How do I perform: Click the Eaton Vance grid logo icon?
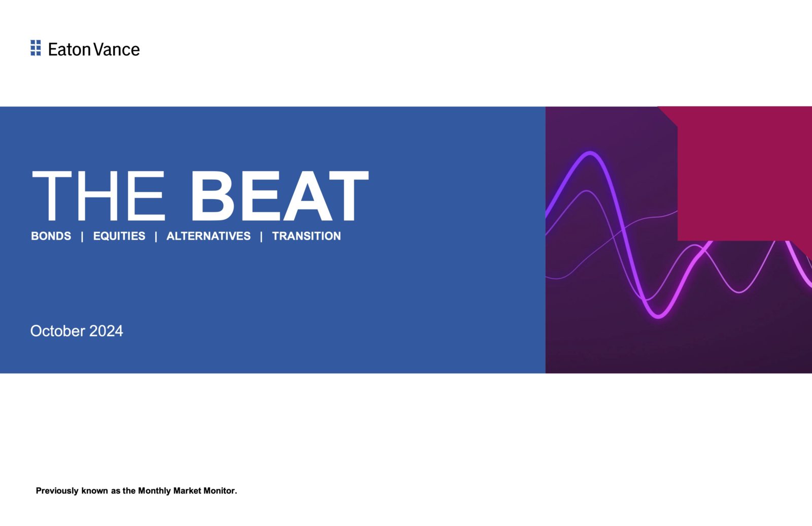pyautogui.click(x=36, y=48)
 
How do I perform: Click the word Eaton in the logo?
pyautogui.click(x=69, y=50)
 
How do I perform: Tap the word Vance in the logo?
pyautogui.click(x=117, y=50)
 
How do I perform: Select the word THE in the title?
pyautogui.click(x=98, y=196)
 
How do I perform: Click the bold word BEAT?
pyautogui.click(x=280, y=196)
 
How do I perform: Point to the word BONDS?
pyautogui.click(x=51, y=236)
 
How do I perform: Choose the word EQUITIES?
pyautogui.click(x=119, y=236)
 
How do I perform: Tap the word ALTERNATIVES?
pyautogui.click(x=209, y=236)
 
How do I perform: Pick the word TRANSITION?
pyautogui.click(x=307, y=236)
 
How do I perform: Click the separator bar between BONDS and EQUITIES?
pyautogui.click(x=82, y=237)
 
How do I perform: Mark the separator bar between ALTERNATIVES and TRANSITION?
pyautogui.click(x=261, y=237)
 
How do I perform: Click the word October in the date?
pyautogui.click(x=58, y=331)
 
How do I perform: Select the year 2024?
pyautogui.click(x=106, y=331)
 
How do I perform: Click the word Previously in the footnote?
pyautogui.click(x=57, y=491)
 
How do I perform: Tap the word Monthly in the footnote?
pyautogui.click(x=154, y=491)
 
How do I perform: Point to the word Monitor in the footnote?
pyautogui.click(x=220, y=491)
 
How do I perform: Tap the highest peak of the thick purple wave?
pyautogui.click(x=590, y=153)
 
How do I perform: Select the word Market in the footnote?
pyautogui.click(x=187, y=491)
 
